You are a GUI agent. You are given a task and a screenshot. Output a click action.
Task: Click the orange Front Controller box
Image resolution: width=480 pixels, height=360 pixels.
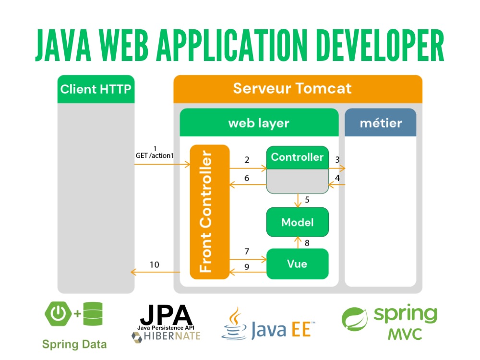pos(210,212)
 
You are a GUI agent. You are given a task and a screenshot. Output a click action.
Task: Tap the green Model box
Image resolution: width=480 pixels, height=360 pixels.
pos(298,222)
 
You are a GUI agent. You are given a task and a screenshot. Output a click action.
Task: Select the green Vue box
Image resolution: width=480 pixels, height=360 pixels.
pos(298,264)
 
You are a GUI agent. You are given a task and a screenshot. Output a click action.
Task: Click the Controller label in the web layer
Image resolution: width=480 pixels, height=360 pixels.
pos(297,157)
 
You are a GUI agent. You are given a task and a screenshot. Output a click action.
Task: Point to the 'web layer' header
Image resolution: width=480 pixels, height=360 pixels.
pos(259,122)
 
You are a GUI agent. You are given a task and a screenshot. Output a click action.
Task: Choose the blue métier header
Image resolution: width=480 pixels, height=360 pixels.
pos(381,122)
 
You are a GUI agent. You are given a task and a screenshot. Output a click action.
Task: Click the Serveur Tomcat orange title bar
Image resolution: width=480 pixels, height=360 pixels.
pos(298,89)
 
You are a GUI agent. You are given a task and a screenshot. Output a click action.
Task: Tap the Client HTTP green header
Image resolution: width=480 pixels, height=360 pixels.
pos(96,89)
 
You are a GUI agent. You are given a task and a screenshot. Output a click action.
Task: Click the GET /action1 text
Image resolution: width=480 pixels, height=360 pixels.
pos(155,156)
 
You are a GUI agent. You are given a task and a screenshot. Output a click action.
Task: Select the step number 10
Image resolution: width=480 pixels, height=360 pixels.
pos(155,264)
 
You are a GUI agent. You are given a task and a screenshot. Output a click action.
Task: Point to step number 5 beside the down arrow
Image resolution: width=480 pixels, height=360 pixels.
pos(307,200)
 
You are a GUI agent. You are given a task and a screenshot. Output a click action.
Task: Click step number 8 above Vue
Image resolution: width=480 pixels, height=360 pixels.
pos(307,243)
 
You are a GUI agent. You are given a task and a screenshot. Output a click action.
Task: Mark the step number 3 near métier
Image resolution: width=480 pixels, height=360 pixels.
pos(337,159)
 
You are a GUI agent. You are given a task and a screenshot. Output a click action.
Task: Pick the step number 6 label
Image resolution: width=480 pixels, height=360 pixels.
pos(247,178)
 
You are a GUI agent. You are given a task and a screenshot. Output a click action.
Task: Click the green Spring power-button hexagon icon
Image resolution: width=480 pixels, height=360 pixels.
pos(58,313)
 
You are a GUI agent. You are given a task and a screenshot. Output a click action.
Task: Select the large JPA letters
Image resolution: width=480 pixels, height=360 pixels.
pos(166,315)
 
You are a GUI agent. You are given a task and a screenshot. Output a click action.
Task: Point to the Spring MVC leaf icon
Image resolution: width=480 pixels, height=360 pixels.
pos(355,319)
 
